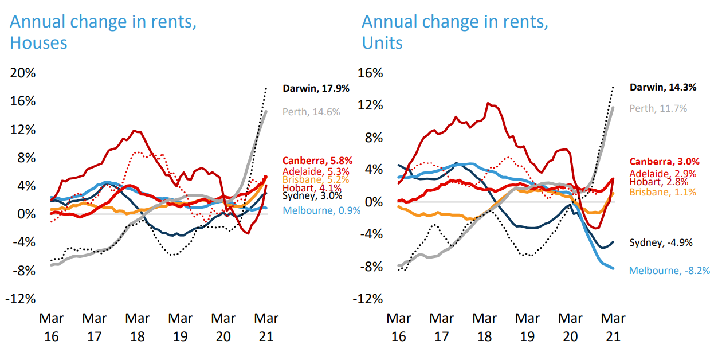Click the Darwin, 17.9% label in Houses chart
(x=316, y=88)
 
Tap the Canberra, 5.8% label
(x=317, y=161)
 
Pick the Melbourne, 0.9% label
(x=322, y=210)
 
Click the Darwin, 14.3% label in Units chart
(x=663, y=88)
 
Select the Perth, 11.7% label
(x=658, y=108)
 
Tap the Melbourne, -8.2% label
(x=661, y=270)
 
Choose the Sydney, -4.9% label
(x=661, y=242)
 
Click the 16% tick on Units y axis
(x=370, y=73)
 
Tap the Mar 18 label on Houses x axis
(x=138, y=327)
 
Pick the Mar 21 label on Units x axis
(x=613, y=327)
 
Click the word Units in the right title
(x=382, y=43)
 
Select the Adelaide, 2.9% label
(x=664, y=173)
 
